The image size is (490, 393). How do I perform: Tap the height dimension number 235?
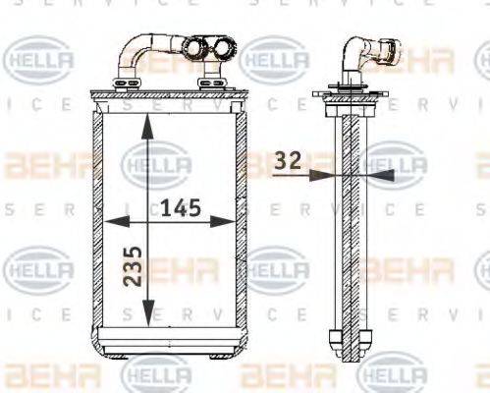[x=135, y=265]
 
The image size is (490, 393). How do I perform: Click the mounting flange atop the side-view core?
[x=348, y=95]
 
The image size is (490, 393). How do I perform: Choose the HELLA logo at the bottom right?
[x=395, y=375]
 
